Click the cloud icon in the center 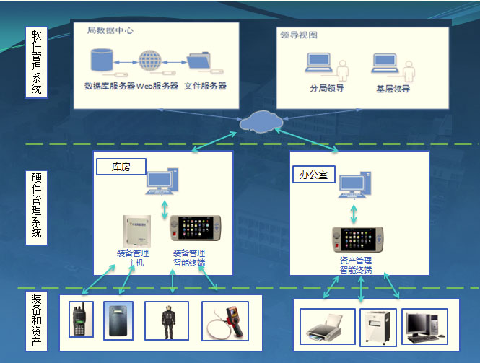pos(259,120)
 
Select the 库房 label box pos(121,167)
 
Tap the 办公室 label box pos(315,174)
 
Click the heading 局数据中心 pos(110,31)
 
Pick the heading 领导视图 pos(299,35)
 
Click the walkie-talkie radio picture pos(78,320)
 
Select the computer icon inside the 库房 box pos(161,182)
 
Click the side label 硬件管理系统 pos(36,205)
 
